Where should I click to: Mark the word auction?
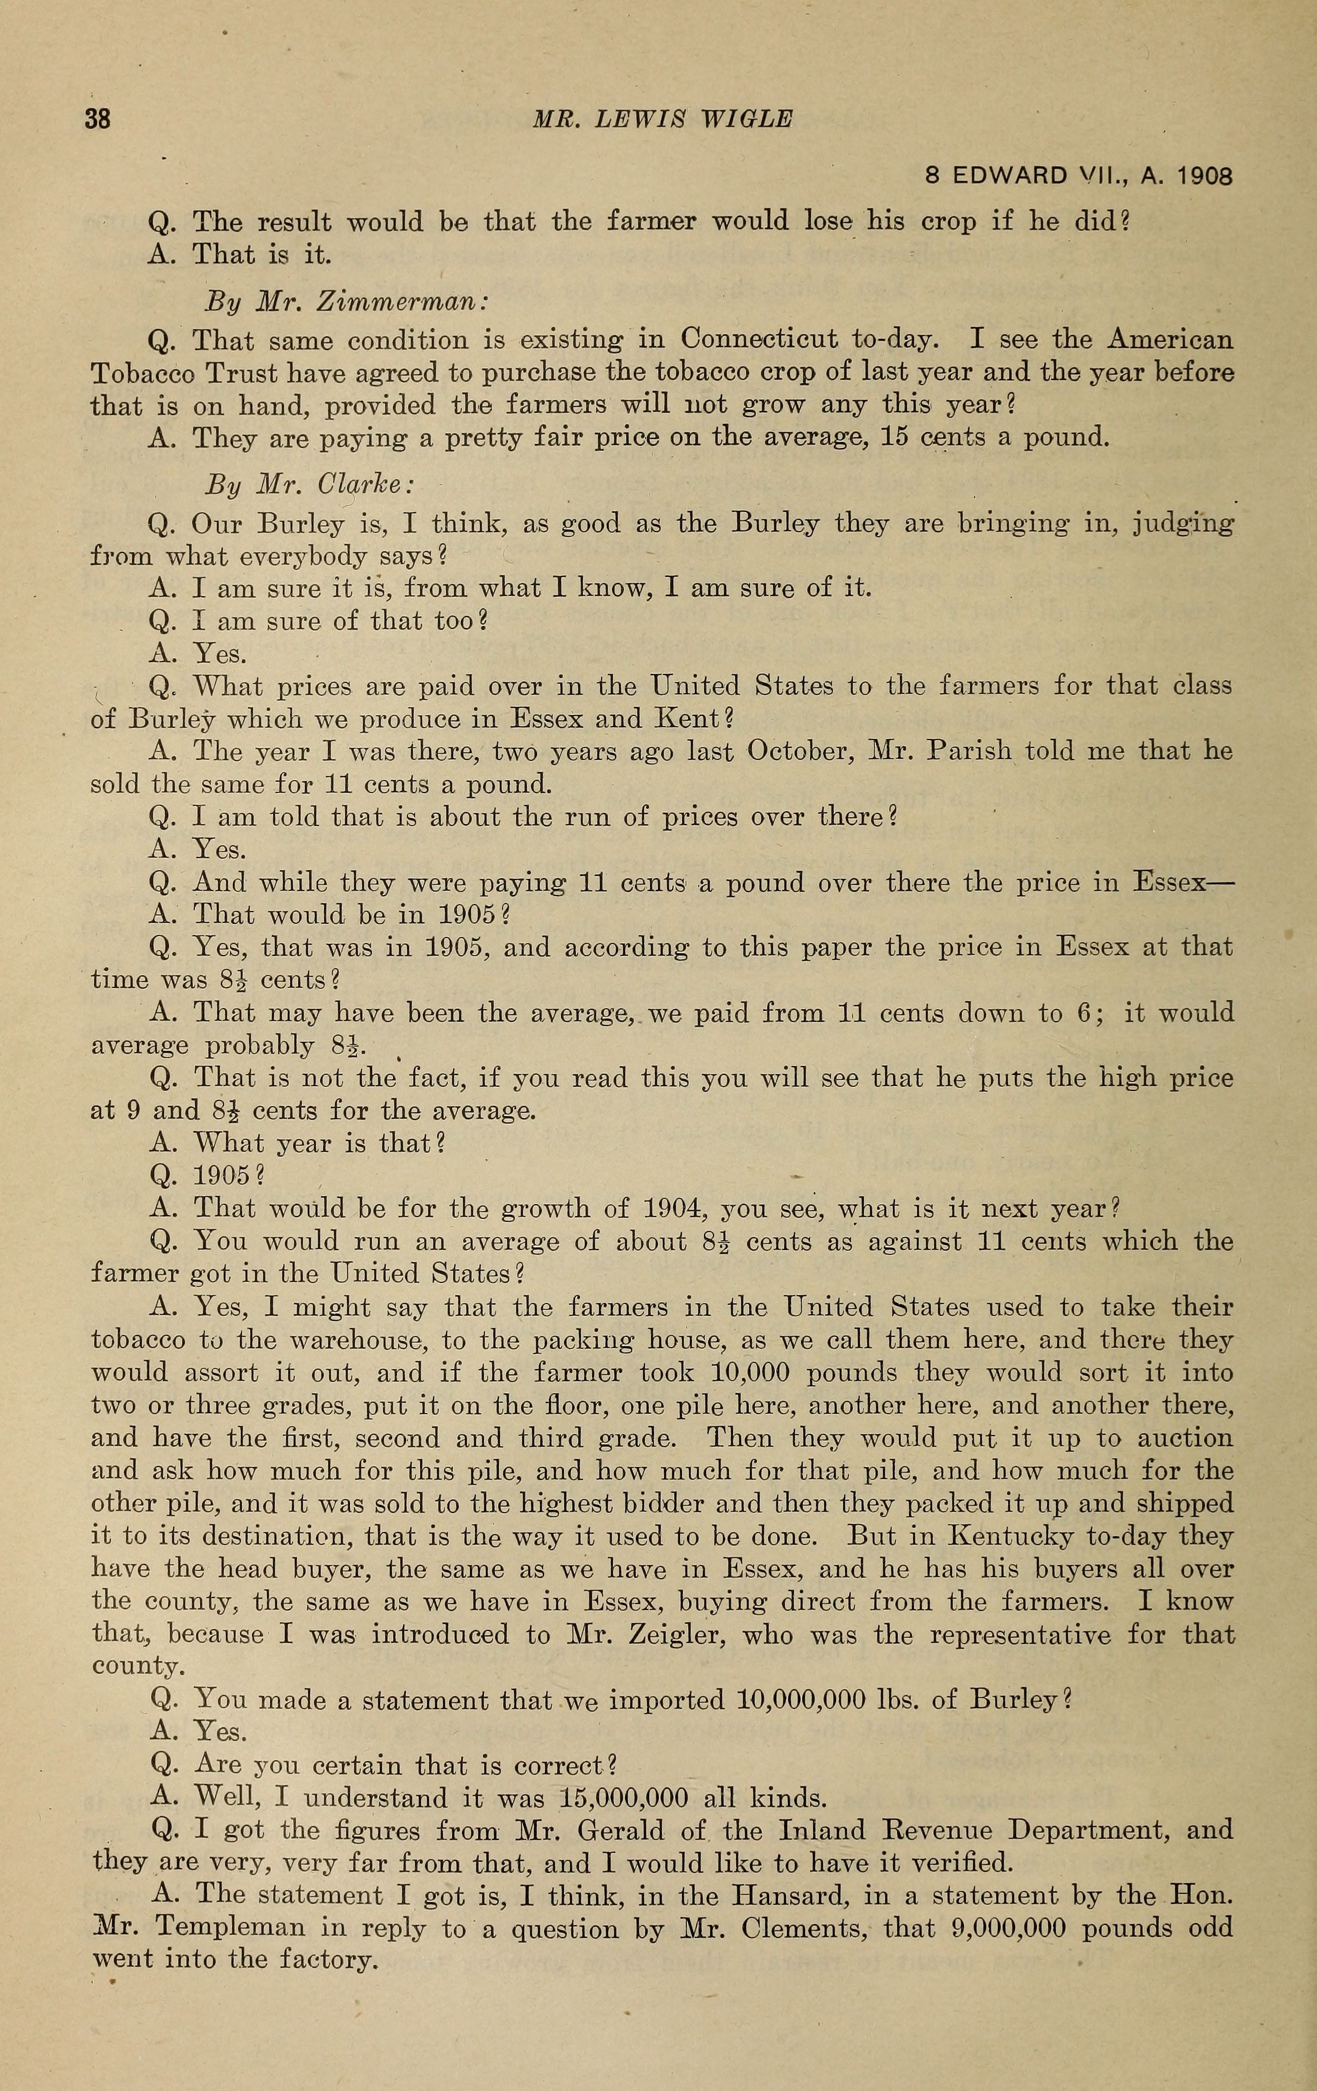pos(1185,1438)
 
